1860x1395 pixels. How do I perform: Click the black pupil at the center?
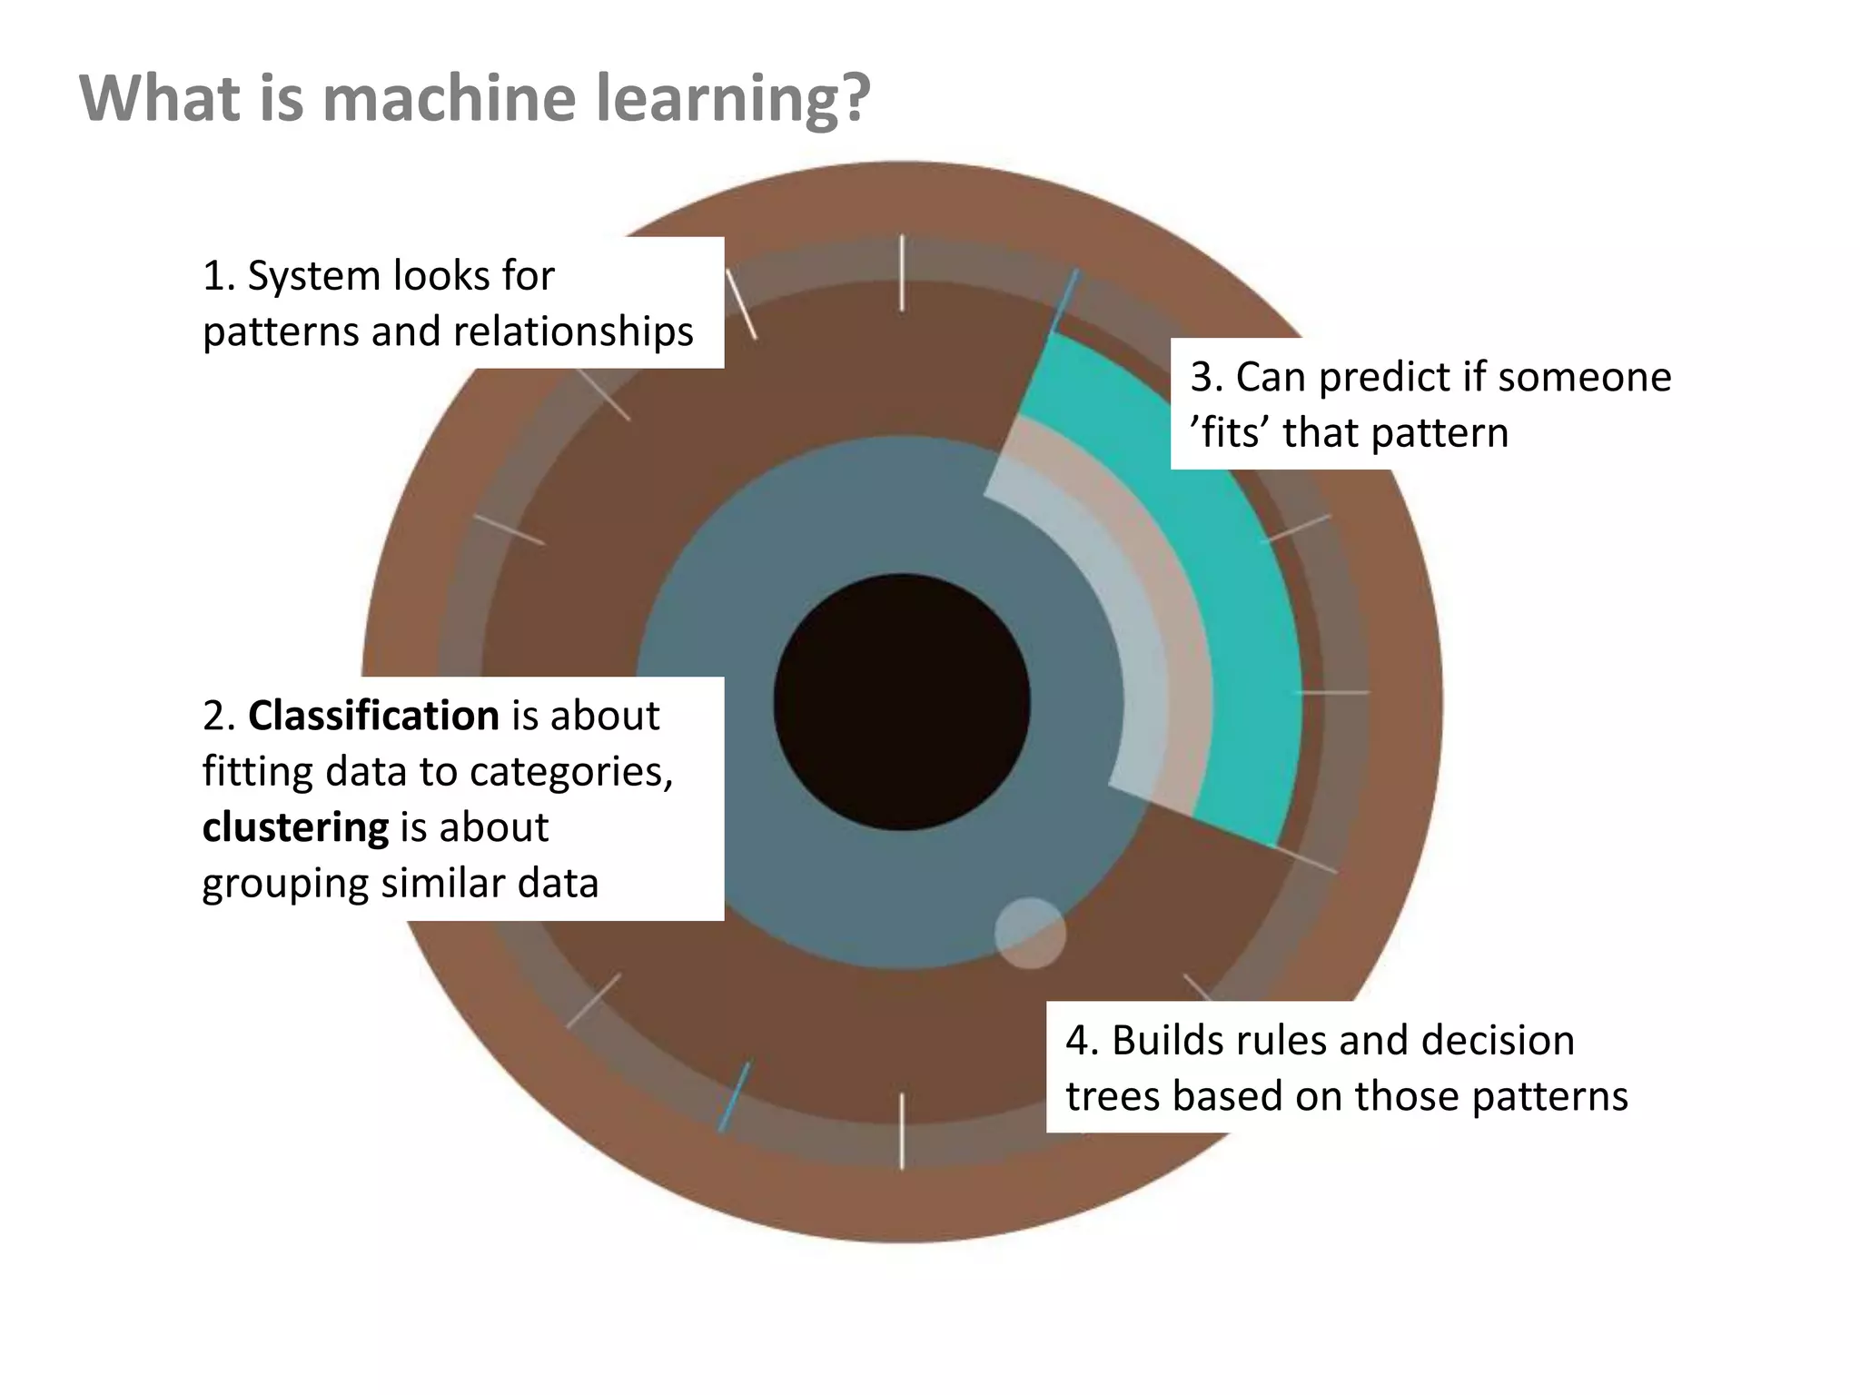coord(902,702)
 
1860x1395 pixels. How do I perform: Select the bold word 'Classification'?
coord(372,716)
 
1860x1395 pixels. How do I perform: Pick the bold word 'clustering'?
coord(295,827)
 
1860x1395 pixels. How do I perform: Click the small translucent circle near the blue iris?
coord(1030,933)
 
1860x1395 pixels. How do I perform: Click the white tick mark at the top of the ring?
coord(902,272)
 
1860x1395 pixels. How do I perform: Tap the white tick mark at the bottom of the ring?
coord(902,1131)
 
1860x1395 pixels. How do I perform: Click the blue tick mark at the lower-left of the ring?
coord(734,1096)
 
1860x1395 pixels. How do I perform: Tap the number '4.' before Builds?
coord(1082,1041)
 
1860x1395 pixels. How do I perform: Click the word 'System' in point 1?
coord(307,276)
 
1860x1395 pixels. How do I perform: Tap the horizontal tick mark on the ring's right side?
coord(1331,693)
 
